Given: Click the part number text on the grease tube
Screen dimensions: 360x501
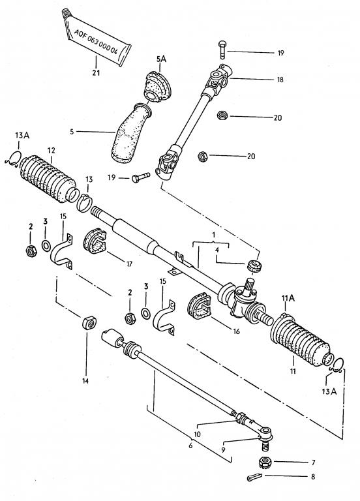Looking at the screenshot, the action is coord(96,41).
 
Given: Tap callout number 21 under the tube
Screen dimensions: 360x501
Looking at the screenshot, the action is coord(96,72).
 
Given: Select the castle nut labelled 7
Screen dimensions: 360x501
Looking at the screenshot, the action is coord(265,462).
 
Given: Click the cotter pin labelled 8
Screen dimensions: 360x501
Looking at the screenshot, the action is coord(254,478).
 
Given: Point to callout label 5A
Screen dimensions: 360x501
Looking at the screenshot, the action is coord(161,59).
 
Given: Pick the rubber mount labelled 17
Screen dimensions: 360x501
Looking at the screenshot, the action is coord(95,241).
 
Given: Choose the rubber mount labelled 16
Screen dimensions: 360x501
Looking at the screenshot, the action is coord(199,306).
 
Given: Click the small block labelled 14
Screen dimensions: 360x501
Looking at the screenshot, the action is coord(89,323).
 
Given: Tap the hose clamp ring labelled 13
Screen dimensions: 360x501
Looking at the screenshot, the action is coord(85,203).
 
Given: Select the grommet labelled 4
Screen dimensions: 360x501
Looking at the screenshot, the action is coord(254,266).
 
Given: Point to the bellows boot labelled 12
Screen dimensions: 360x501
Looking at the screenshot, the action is coord(48,179).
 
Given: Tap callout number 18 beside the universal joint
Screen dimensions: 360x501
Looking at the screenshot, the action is coord(280,80).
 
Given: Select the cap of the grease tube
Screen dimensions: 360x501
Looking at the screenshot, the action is coord(67,13).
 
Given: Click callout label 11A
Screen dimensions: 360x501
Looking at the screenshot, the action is coord(288,298).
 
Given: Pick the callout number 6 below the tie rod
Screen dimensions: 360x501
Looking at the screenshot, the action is coord(190,446).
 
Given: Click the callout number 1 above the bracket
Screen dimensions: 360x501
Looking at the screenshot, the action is coord(213,235).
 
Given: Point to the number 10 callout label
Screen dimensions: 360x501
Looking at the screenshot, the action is coord(197,434).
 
